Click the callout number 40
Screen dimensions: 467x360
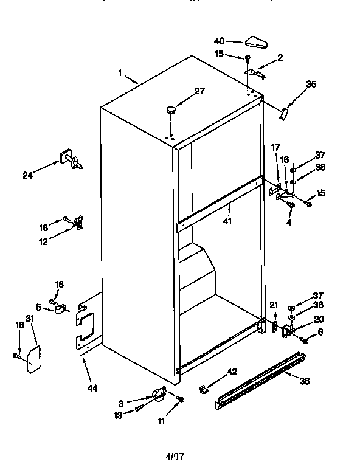[220, 41]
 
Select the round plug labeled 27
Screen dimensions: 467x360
[170, 111]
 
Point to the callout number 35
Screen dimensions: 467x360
[311, 85]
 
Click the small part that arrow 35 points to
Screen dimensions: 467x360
[284, 113]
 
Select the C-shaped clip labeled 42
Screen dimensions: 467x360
[203, 387]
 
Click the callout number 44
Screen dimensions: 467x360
[92, 388]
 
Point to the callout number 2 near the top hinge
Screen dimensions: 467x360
[280, 58]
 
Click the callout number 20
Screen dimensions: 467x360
[319, 319]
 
